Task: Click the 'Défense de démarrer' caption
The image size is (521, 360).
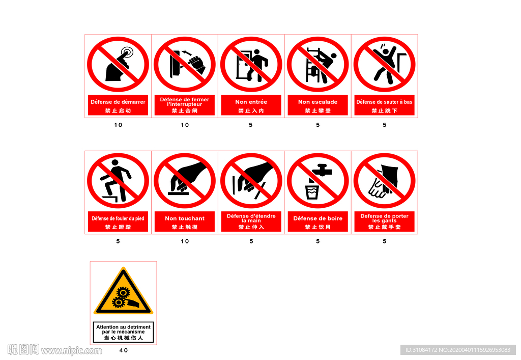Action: tap(118, 102)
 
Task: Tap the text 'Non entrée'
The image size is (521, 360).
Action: tap(251, 102)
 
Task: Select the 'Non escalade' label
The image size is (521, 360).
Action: tap(317, 102)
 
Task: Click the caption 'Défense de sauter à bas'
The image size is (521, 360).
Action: tap(385, 102)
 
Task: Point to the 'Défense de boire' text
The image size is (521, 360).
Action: tap(317, 218)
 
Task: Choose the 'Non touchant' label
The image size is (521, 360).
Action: tap(185, 218)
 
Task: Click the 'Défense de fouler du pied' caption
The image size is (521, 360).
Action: tap(118, 218)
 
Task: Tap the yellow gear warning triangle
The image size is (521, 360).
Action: tap(123, 291)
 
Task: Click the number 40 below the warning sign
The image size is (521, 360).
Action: tap(124, 350)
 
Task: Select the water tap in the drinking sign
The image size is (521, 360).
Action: tap(322, 170)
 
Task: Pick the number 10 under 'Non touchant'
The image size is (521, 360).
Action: tap(185, 241)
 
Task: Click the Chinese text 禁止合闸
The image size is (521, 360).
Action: tap(185, 110)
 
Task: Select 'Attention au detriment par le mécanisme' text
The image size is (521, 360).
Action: tap(123, 329)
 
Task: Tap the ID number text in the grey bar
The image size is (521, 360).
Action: tap(458, 350)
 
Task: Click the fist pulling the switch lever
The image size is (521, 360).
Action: tap(197, 65)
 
